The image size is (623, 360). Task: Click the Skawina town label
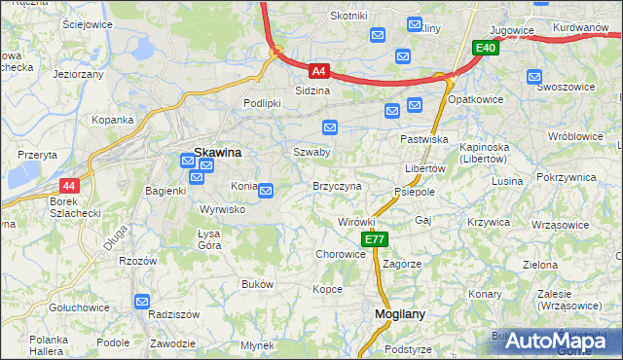point(218,153)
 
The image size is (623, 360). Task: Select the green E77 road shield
point(375,239)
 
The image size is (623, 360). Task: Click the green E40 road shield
point(486,48)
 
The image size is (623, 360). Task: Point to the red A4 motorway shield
point(319,71)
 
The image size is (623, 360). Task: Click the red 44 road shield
point(68,186)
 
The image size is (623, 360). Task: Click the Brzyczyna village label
point(337,186)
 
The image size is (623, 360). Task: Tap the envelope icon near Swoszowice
point(533,77)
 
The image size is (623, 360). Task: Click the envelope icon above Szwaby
point(330,127)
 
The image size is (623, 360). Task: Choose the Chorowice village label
point(340,254)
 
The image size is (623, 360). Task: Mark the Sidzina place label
point(312,90)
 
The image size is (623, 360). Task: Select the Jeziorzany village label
point(78,73)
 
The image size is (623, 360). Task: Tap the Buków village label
point(257,284)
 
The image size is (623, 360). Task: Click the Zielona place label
point(540,265)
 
